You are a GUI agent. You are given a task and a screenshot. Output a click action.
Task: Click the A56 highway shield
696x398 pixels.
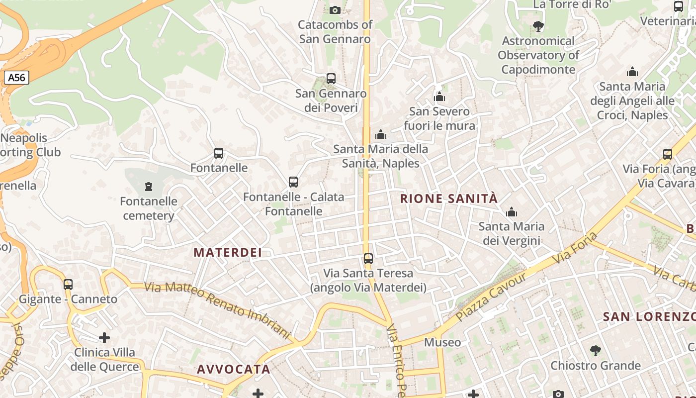point(16,78)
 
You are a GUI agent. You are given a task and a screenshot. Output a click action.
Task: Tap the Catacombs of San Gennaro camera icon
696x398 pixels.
point(335,10)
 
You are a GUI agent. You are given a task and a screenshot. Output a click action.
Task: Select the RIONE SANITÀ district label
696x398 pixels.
point(448,199)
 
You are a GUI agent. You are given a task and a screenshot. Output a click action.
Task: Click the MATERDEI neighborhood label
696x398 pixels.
point(228,252)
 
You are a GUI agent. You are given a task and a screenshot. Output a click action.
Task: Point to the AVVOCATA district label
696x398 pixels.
point(234,369)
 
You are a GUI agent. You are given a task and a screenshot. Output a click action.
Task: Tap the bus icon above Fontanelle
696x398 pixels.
point(219,153)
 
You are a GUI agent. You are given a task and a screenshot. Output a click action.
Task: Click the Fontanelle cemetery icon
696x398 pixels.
point(148,187)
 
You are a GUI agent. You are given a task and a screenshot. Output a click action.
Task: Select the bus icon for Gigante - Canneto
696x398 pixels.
point(68,285)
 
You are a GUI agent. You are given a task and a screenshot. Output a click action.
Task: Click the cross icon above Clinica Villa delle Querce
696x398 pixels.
point(104,338)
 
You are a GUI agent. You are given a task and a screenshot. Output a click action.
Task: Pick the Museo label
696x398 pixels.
point(442,342)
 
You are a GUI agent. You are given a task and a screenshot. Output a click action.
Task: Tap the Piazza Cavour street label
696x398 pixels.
point(490,297)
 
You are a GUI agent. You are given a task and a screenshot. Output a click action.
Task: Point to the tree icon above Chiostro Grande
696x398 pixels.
point(595,351)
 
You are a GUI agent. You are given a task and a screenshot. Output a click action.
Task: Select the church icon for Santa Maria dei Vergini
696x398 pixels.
point(512,212)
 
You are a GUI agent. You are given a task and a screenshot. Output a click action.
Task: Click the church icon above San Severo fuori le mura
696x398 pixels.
point(439,96)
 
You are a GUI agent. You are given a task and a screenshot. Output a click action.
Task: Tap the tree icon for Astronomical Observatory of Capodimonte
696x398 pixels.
point(538,26)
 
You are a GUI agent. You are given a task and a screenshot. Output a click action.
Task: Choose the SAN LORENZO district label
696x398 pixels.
point(649,316)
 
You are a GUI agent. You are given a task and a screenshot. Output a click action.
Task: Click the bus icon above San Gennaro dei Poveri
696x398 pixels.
point(331,79)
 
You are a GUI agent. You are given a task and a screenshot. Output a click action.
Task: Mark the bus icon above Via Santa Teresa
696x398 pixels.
point(368,259)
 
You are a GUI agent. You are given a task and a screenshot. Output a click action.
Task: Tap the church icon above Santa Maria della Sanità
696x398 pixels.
point(381,134)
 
